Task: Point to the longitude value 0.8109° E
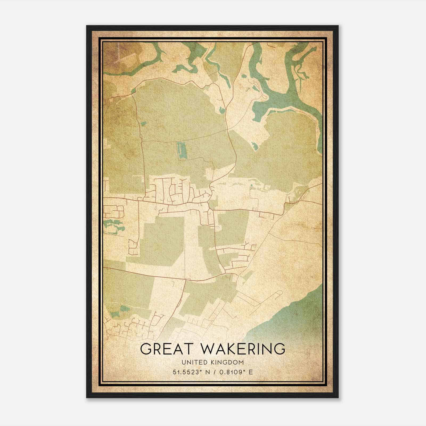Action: pos(235,372)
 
